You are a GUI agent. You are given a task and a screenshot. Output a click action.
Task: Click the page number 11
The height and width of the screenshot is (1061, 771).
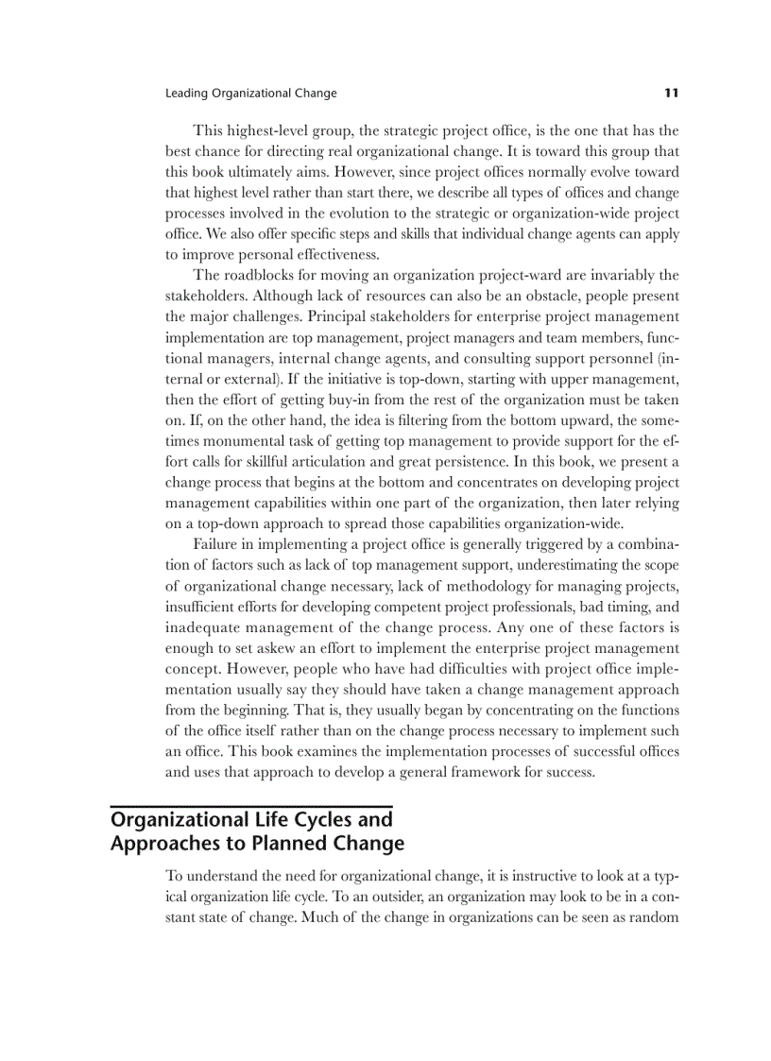671,93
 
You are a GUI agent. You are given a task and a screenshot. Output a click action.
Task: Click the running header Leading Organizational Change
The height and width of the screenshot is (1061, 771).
250,94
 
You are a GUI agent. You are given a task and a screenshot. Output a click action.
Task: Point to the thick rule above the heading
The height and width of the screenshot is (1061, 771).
250,806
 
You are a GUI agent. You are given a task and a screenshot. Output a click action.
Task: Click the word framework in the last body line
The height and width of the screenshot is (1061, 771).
496,772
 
